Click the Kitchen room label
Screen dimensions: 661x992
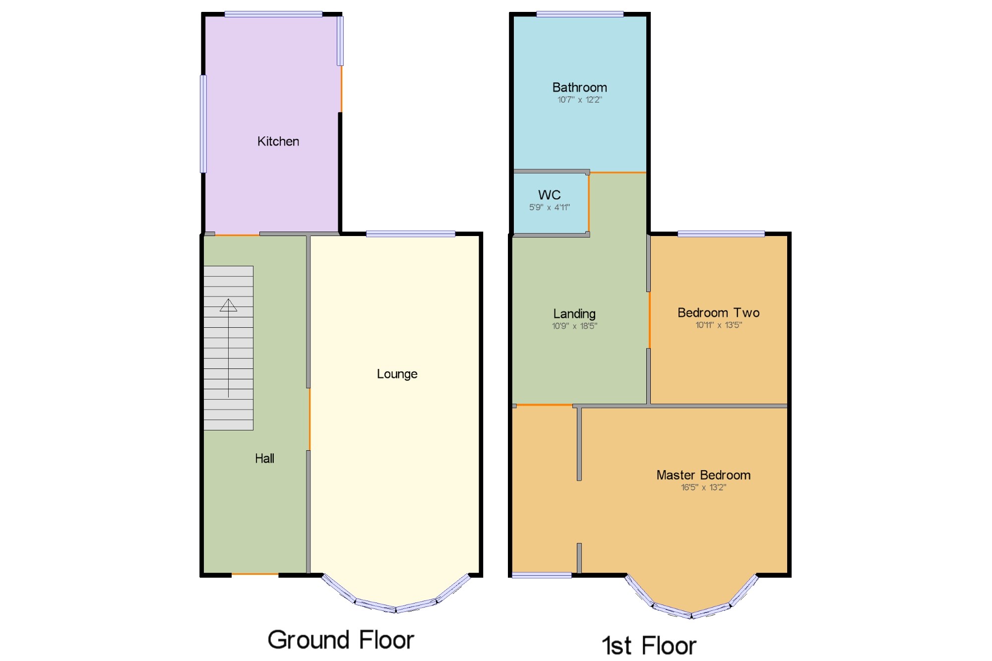tap(278, 141)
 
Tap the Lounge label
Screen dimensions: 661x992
tap(397, 374)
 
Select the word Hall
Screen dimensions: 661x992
tap(264, 459)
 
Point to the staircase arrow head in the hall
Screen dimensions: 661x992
tap(228, 305)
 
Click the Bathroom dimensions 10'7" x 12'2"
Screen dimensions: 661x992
tap(579, 100)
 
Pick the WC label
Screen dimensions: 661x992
tap(549, 195)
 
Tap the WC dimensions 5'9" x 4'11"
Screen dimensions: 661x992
tap(549, 207)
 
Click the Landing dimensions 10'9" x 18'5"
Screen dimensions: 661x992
tap(574, 326)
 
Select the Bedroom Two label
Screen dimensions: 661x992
tap(718, 313)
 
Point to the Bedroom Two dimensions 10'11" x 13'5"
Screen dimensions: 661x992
tap(718, 325)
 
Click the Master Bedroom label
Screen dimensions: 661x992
tap(703, 475)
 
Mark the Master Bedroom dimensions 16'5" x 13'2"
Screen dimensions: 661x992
tap(703, 487)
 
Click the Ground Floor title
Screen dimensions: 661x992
tap(341, 640)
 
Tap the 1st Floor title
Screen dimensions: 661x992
tap(649, 646)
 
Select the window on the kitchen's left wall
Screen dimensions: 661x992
tap(203, 124)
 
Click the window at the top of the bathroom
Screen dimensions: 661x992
tap(579, 14)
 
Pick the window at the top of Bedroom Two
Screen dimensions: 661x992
tap(721, 234)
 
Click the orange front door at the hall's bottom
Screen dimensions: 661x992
tap(255, 574)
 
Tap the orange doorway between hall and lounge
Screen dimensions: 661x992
tap(310, 419)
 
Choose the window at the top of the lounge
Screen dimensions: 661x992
tap(410, 234)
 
